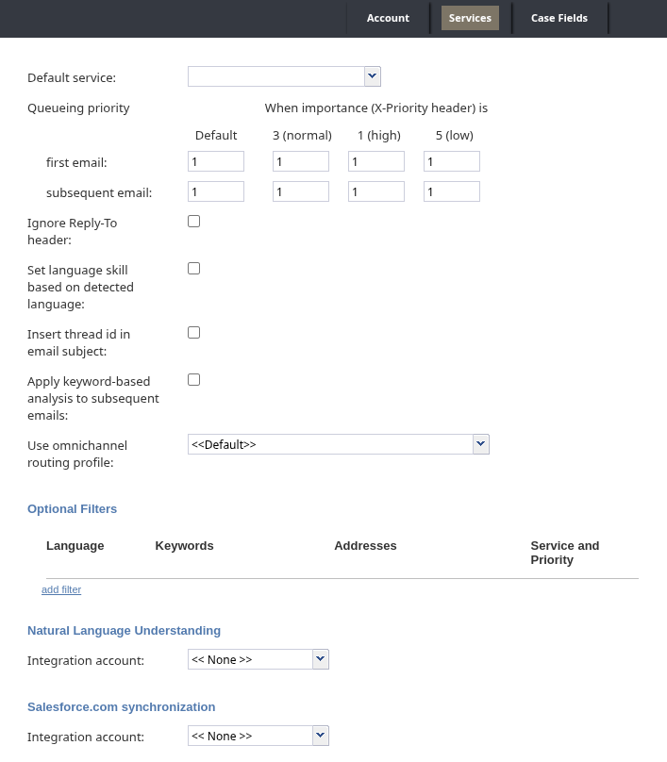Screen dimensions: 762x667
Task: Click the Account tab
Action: point(388,18)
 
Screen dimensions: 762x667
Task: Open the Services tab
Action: point(470,18)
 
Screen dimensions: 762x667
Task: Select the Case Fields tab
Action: point(559,18)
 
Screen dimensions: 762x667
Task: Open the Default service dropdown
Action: point(284,76)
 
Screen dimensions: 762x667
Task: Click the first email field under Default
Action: point(216,161)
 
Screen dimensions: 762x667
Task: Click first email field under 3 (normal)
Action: point(301,161)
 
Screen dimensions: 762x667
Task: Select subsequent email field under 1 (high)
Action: point(376,191)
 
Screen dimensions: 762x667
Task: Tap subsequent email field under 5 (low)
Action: point(452,191)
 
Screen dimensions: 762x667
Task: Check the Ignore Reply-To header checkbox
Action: point(194,222)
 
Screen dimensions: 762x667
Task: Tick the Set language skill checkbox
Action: point(194,269)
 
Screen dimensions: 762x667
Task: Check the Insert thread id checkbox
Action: point(194,333)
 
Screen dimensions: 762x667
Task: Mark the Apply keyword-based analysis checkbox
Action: point(194,380)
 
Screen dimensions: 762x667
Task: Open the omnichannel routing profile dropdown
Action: point(338,444)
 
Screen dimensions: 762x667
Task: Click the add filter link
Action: point(61,589)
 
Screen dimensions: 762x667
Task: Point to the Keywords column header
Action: point(184,546)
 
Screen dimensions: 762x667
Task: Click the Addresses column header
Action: point(365,546)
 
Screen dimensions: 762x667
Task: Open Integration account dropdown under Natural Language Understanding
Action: point(258,659)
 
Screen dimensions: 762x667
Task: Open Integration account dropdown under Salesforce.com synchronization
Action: point(258,736)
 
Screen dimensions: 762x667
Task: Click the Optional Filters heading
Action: point(72,509)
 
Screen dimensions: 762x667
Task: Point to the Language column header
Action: point(75,546)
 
